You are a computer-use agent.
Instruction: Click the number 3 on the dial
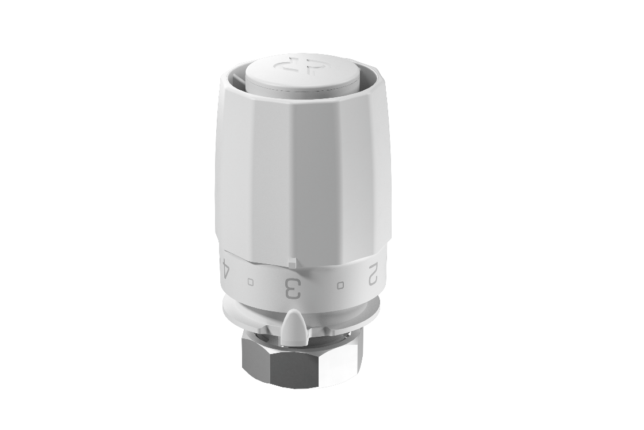point(293,287)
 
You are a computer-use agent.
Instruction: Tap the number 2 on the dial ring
point(373,274)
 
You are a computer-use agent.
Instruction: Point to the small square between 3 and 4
point(251,281)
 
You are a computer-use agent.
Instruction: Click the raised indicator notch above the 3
point(292,262)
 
